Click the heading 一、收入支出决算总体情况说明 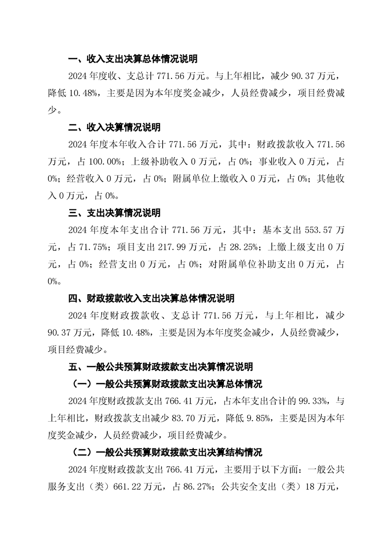(132, 59)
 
